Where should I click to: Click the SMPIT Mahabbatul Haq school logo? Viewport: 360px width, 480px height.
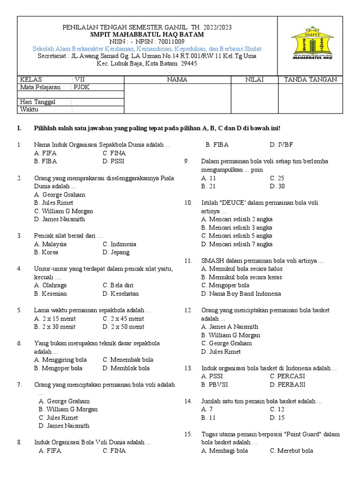pyautogui.click(x=312, y=45)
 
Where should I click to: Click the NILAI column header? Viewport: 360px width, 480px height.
pyautogui.click(x=255, y=80)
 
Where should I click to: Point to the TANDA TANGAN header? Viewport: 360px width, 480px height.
pyautogui.click(x=310, y=80)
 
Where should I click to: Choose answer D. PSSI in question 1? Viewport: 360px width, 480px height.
pyautogui.click(x=114, y=161)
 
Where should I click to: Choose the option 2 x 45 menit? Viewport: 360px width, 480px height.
pyautogui.click(x=123, y=319)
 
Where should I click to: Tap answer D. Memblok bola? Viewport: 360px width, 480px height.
pyautogui.click(x=126, y=368)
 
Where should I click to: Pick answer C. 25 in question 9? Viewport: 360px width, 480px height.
pyautogui.click(x=277, y=178)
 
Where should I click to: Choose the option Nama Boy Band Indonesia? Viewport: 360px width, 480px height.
pyautogui.click(x=241, y=294)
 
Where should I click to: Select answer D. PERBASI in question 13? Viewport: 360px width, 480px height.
pyautogui.click(x=287, y=385)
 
